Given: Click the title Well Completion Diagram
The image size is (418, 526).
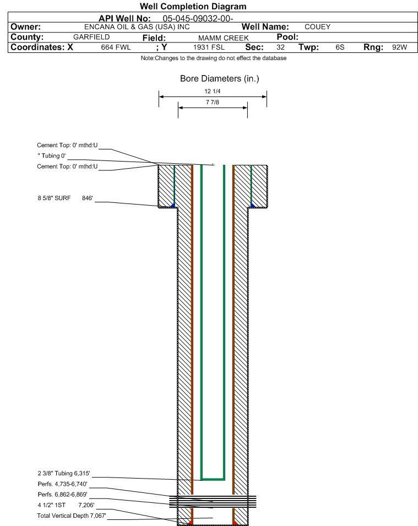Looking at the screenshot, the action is click(193, 7).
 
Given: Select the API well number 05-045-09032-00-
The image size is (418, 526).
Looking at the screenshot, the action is click(198, 18).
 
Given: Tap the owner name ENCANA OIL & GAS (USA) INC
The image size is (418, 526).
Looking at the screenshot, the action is click(137, 27).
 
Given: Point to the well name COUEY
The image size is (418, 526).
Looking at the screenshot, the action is click(317, 27).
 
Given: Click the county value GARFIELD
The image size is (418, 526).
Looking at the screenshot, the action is click(91, 37).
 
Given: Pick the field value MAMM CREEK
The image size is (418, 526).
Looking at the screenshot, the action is click(223, 38).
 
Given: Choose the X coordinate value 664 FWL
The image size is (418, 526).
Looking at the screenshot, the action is click(116, 47).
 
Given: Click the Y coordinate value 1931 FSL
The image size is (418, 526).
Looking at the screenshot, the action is click(209, 47).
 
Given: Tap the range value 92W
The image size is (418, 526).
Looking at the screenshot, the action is click(400, 47).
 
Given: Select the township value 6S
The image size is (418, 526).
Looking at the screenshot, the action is click(340, 47).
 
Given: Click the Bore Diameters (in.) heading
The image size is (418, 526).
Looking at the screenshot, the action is click(220, 78).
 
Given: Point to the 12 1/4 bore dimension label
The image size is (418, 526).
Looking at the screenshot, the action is click(213, 91).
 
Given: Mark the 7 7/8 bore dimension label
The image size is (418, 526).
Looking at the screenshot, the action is click(213, 103).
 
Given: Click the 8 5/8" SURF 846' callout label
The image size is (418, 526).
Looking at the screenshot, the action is click(65, 198).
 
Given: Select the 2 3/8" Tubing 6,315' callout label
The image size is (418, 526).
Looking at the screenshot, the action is click(64, 473).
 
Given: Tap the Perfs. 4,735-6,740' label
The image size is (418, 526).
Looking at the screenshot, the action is click(63, 484).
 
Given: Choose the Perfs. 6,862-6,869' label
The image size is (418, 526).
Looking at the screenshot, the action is click(63, 495).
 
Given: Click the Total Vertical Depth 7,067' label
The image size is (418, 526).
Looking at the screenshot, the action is click(72, 516).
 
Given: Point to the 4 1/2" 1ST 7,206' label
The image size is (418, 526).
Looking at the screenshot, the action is click(66, 505).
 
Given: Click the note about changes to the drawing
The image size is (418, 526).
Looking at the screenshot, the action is click(214, 58).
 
